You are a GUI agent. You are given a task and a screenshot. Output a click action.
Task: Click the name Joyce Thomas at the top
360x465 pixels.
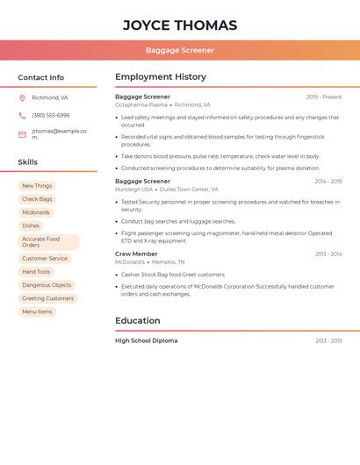click(180, 25)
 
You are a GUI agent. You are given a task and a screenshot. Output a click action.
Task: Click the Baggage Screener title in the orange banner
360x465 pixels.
click(180, 50)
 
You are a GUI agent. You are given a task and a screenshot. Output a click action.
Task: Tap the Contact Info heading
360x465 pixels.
click(41, 77)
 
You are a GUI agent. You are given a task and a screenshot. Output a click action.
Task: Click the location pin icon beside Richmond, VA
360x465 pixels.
click(22, 97)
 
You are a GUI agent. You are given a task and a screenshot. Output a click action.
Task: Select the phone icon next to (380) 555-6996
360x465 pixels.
click(22, 115)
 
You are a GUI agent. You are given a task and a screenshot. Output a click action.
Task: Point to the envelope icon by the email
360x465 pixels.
click(22, 134)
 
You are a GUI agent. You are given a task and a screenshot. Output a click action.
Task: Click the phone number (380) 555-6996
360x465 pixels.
click(51, 115)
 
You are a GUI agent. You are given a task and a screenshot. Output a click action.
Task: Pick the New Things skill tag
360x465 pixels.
click(37, 186)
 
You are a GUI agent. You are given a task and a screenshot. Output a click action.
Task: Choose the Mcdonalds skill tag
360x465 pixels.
click(36, 212)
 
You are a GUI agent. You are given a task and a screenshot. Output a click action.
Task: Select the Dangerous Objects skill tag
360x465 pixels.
click(47, 285)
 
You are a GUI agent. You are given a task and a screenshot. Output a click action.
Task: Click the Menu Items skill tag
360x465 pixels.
click(37, 311)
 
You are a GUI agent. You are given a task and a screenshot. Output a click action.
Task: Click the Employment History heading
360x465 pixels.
click(161, 76)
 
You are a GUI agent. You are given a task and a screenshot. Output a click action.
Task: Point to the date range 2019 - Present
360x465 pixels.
click(324, 97)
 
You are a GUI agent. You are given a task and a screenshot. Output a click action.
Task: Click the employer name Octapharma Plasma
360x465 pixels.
click(141, 104)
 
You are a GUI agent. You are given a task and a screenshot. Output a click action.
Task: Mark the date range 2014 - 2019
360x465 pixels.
click(328, 182)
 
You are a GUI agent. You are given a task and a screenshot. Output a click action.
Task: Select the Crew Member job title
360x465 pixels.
click(136, 254)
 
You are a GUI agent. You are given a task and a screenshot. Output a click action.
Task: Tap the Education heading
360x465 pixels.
click(138, 320)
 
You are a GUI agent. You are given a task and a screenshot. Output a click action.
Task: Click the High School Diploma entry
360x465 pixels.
click(146, 340)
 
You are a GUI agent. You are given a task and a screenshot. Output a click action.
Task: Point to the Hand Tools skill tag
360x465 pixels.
click(36, 272)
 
